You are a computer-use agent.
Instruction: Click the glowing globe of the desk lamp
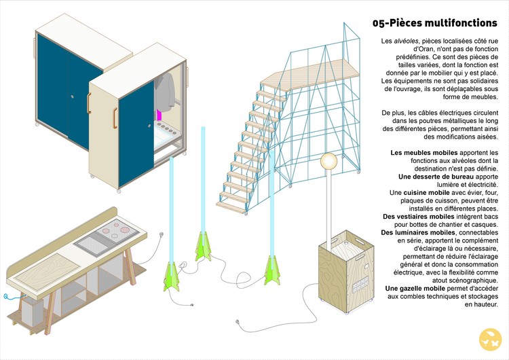329,162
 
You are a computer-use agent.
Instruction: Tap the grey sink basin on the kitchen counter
88,240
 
